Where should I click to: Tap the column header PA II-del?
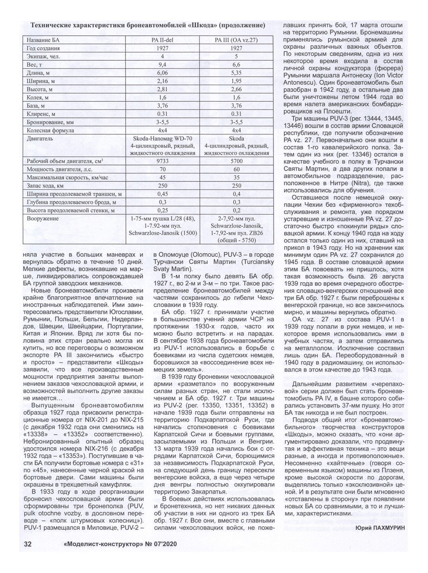point(162,40)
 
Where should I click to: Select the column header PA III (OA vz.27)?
point(236,40)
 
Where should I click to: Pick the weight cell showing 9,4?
point(162,64)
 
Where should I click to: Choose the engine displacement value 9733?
point(162,161)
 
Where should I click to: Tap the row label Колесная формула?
point(50,130)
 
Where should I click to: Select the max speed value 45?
point(162,178)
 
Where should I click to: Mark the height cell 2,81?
point(162,89)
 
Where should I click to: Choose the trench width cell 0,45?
point(162,194)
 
